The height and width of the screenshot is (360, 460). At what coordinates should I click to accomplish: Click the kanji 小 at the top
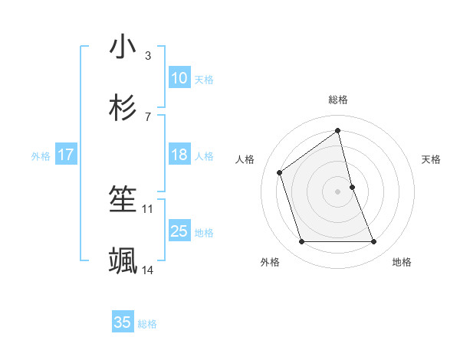[123, 47]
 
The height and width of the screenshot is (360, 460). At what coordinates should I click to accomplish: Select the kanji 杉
[123, 107]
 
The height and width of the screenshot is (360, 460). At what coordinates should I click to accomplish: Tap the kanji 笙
[123, 201]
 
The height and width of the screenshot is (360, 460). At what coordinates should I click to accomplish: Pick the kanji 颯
[123, 261]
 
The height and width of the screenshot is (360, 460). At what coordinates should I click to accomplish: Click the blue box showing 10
[179, 78]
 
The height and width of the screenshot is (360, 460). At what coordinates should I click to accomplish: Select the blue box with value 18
[179, 155]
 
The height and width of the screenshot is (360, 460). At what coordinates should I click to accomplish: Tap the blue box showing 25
[179, 231]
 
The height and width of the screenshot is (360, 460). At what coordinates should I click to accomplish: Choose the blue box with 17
[66, 155]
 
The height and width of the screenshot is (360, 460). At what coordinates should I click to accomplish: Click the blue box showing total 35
[123, 322]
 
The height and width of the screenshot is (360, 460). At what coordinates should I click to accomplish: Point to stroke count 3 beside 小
[147, 56]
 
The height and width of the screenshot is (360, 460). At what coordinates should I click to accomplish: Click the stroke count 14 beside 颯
[147, 270]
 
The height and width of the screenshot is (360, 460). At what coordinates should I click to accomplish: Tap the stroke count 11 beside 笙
[147, 208]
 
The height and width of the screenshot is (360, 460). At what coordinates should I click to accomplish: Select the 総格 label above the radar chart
[338, 100]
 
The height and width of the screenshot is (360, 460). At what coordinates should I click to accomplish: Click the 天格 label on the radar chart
[431, 159]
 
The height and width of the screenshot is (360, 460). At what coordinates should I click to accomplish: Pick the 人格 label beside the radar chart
[245, 159]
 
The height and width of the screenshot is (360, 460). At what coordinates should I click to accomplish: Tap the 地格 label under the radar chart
[402, 262]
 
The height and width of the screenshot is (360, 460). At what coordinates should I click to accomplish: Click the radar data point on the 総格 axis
[338, 130]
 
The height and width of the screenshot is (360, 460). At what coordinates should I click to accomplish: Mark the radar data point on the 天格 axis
[352, 186]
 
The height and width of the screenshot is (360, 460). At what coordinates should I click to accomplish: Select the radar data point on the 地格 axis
[374, 242]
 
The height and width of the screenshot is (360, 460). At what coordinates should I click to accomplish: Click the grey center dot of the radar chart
[338, 191]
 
